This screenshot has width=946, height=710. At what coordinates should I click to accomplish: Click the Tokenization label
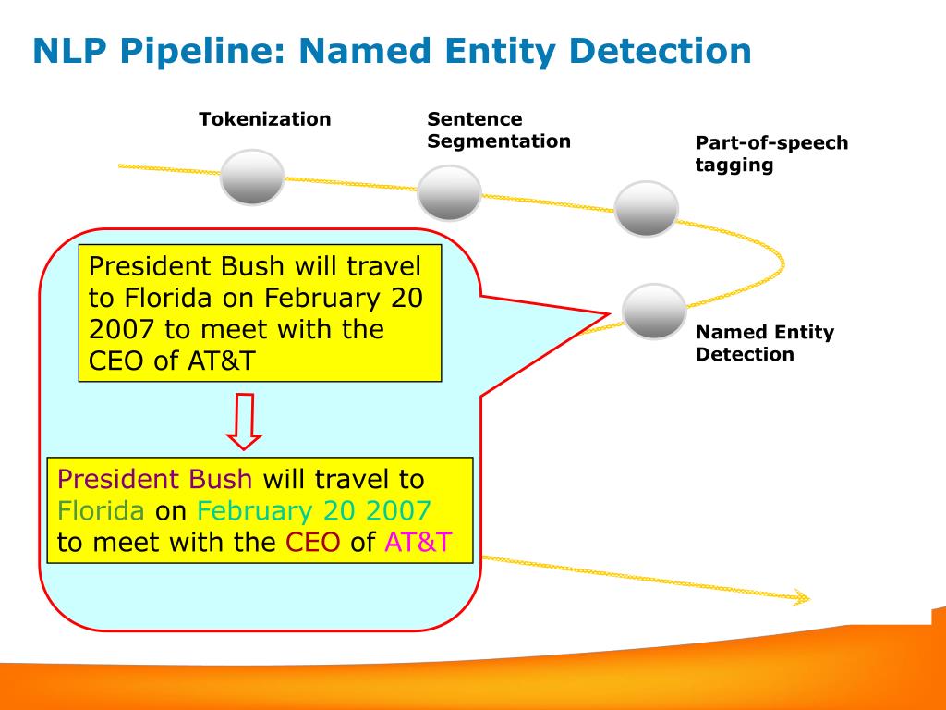[x=264, y=119]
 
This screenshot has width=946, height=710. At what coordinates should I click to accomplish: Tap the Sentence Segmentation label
[x=498, y=130]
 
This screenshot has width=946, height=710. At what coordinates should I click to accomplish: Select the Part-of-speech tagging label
[x=771, y=154]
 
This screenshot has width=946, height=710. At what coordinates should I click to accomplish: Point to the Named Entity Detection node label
[x=764, y=343]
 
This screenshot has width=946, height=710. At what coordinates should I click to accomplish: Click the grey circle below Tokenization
[x=252, y=177]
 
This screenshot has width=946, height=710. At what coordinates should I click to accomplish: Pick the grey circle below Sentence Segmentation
[x=449, y=192]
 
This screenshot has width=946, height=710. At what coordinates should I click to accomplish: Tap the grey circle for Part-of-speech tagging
[x=647, y=208]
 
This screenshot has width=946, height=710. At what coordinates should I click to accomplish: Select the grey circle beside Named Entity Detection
[x=654, y=311]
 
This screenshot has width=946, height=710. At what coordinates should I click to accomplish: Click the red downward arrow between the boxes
[x=245, y=421]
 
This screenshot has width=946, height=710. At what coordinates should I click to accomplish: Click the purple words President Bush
[x=154, y=479]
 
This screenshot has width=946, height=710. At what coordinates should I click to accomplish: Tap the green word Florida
[x=101, y=511]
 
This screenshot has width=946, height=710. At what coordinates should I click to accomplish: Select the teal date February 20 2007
[x=314, y=511]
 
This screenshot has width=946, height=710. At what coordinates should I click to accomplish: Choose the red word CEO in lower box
[x=313, y=543]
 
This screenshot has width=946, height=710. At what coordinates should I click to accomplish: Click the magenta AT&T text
[x=418, y=543]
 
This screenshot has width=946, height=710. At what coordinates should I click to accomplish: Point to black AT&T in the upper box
[x=217, y=361]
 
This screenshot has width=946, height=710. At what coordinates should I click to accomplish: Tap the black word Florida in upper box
[x=164, y=298]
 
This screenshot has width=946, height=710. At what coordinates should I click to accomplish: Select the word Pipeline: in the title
[x=201, y=51]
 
